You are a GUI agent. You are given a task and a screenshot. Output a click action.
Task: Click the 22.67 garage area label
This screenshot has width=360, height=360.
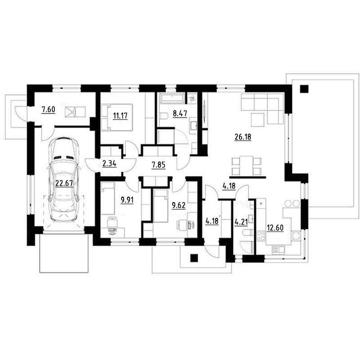64,183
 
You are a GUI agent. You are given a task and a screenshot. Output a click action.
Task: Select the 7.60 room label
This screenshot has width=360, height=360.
48,110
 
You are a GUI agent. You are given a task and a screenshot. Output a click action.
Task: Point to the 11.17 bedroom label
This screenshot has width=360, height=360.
120,116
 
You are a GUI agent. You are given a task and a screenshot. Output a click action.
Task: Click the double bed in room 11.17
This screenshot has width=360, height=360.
117,117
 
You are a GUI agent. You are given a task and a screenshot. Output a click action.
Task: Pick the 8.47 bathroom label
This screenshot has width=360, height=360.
180,113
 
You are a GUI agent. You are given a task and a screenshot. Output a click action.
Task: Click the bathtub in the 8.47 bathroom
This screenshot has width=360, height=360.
172,98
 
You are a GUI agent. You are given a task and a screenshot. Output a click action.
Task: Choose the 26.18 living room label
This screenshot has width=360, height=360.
243,137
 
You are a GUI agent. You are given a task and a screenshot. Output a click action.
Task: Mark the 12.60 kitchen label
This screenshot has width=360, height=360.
275,228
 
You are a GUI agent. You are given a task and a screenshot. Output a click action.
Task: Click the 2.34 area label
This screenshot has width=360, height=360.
109,164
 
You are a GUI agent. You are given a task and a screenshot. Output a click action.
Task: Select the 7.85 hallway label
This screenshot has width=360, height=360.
158,165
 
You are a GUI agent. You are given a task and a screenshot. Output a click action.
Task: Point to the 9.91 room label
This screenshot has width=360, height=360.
127,200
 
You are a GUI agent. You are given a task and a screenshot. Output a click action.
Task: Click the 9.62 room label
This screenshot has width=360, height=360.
179,205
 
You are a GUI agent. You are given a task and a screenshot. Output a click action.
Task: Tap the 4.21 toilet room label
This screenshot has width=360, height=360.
241,222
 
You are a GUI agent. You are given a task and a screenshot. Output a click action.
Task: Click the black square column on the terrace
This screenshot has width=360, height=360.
304,89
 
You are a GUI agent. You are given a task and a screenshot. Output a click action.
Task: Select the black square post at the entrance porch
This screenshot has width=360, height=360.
194,258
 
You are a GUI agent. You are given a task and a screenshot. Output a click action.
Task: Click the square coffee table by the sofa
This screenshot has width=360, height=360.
257,120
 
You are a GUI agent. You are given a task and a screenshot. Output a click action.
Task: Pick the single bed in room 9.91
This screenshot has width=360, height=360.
108,198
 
